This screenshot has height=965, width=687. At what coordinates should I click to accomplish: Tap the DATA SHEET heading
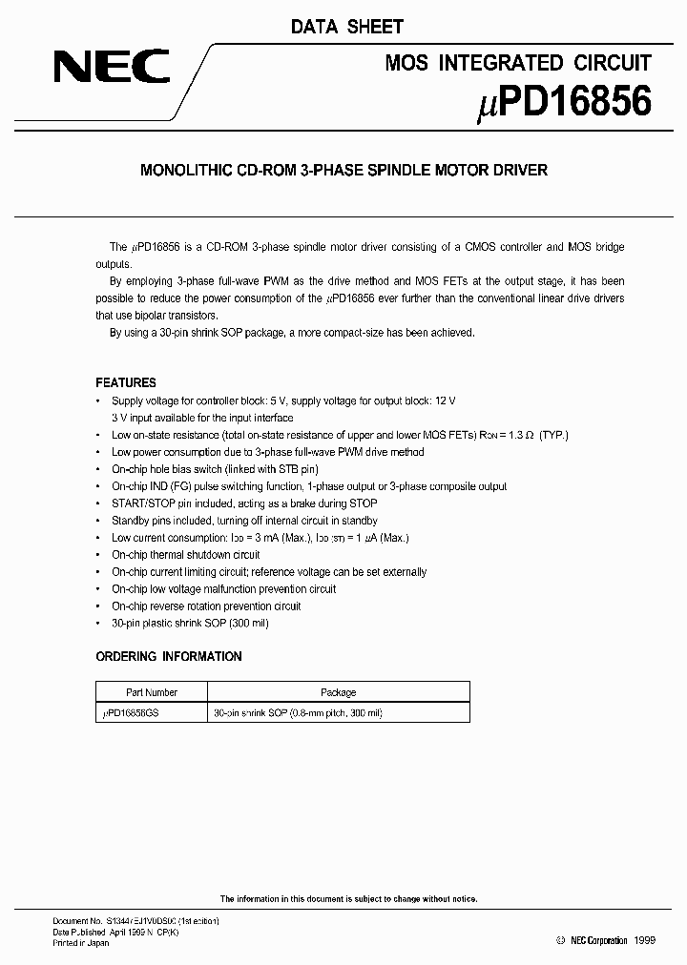click(347, 27)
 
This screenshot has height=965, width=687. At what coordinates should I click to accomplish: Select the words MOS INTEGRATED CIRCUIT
click(518, 63)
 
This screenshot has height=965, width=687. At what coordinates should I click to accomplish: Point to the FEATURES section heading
click(126, 382)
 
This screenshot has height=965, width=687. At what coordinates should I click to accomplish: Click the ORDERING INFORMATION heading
click(169, 656)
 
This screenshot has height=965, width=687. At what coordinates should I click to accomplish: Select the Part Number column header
click(152, 692)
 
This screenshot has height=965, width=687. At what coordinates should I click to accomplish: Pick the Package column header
click(338, 692)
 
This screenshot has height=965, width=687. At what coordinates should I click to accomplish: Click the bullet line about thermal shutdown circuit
click(185, 555)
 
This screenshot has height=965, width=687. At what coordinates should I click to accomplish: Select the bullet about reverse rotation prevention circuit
click(206, 606)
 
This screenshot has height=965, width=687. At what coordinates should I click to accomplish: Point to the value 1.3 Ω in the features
click(514, 435)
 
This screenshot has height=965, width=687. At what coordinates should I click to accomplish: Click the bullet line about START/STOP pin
click(244, 503)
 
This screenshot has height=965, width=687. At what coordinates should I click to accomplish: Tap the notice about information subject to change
click(348, 898)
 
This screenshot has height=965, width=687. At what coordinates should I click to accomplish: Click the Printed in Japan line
click(80, 943)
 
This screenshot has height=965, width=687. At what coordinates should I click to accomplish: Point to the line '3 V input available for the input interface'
click(202, 418)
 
